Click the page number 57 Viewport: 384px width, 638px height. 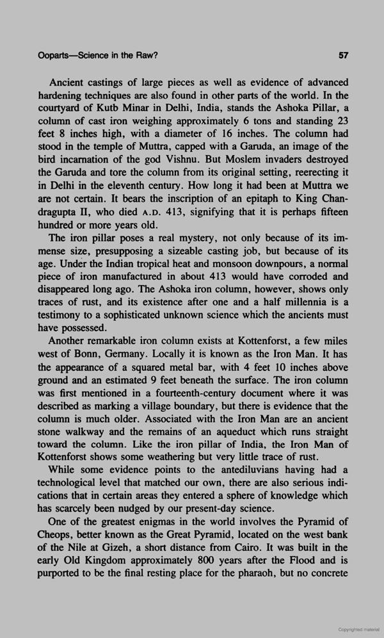pyautogui.click(x=342, y=56)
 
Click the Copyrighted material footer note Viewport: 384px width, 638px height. pyautogui.click(x=357, y=629)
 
